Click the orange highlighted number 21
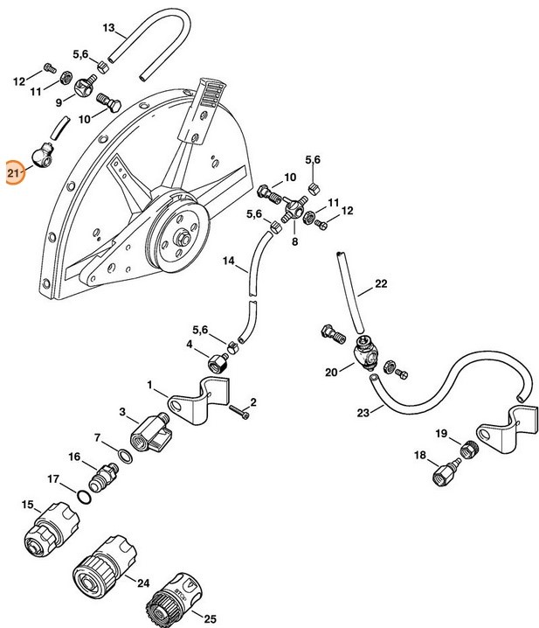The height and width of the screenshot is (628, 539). coord(14,173)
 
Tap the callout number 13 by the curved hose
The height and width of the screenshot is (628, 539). coord(108,28)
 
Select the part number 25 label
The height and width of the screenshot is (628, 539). coord(210,618)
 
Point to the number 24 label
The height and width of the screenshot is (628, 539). coord(143,583)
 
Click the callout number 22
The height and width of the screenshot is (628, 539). coord(381,283)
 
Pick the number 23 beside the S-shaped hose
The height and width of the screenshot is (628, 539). coord(363,413)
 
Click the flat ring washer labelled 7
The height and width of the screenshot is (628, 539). coord(125,457)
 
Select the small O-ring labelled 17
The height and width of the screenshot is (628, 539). coord(84,497)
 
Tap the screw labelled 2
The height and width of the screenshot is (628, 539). coord(239,412)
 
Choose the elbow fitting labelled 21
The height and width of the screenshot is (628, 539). coord(42,156)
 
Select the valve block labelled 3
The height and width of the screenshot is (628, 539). coord(150,433)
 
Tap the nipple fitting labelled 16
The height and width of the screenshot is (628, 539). coord(104,477)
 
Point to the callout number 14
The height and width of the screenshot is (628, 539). coord(229,262)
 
